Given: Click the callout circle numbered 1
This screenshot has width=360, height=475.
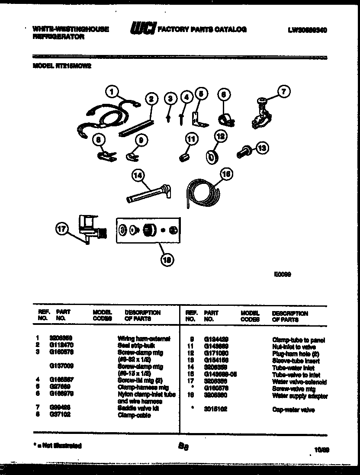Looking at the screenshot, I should point(112,91).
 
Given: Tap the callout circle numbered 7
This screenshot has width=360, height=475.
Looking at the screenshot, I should point(283,91).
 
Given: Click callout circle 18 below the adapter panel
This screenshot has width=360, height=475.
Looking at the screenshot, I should point(167,260).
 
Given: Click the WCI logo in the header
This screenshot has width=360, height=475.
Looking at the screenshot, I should point(142,29).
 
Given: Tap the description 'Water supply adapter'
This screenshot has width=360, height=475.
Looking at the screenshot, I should point(299,396).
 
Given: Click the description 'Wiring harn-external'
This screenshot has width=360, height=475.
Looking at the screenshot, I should point(144,338).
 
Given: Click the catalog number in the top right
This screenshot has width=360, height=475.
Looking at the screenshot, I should point(307,30).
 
